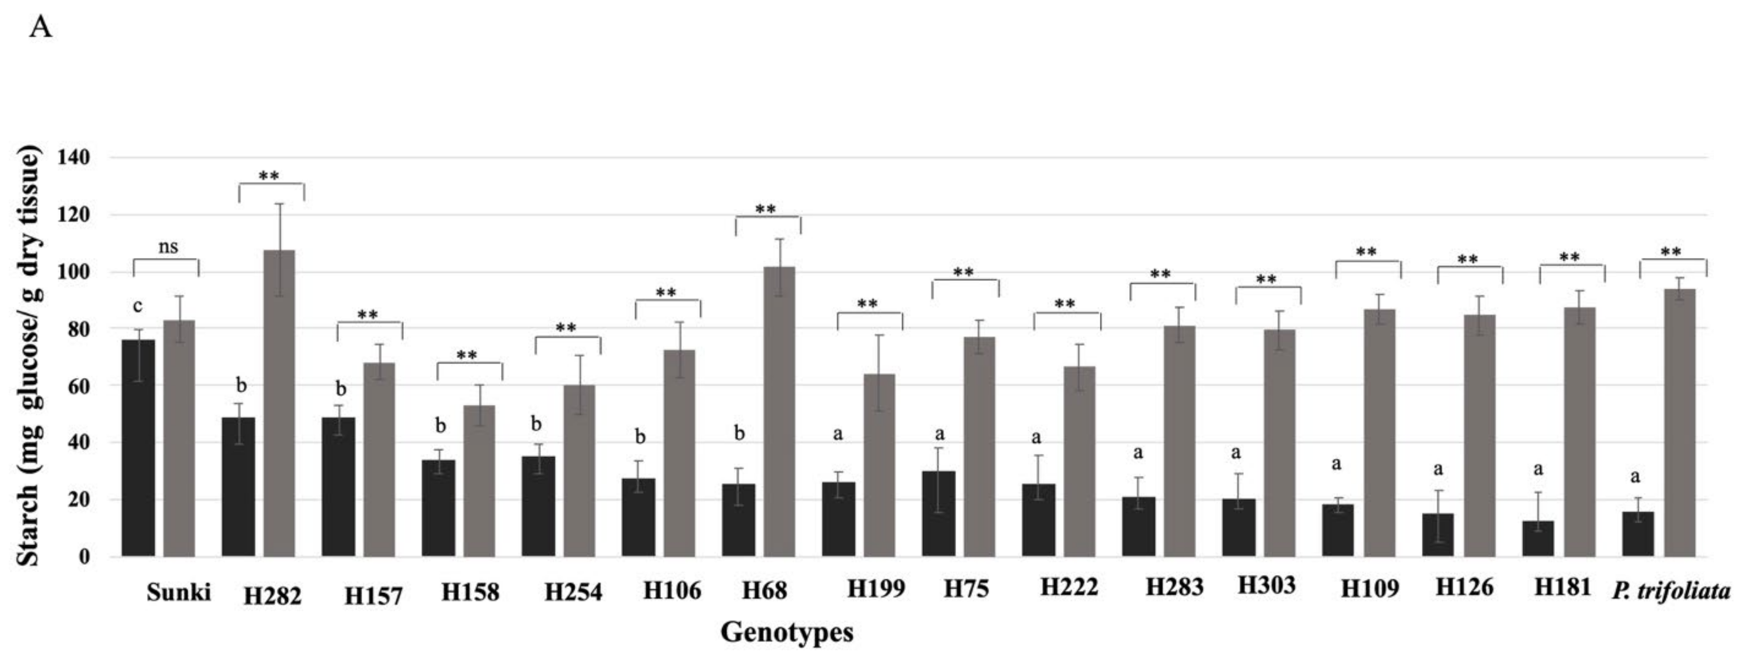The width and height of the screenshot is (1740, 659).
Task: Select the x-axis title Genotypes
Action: coord(787,633)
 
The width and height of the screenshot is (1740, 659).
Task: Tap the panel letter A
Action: coord(40,28)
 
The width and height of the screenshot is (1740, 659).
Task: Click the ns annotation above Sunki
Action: coord(168,247)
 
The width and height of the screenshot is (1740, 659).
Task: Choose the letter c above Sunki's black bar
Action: coord(138,307)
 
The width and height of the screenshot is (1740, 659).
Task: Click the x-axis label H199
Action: coord(876,589)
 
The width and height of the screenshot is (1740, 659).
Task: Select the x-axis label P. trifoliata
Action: coord(1671,592)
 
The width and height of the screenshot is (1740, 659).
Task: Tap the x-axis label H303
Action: coord(1266,585)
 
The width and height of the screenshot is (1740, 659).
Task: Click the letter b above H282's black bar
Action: coord(241,386)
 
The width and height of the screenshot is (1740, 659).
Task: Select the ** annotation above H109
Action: coord(1366,253)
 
